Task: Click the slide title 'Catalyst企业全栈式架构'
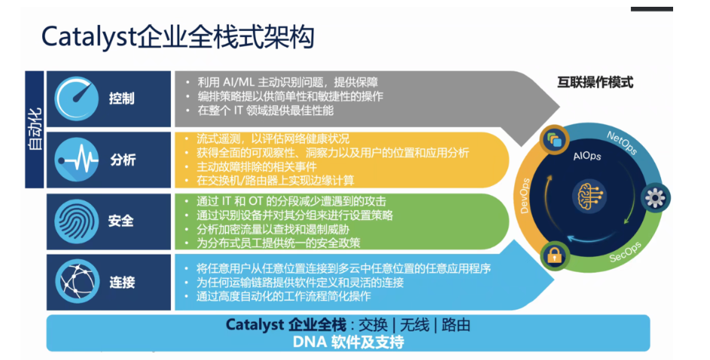[178, 37]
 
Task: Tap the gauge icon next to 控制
[77, 98]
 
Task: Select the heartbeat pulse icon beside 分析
[77, 160]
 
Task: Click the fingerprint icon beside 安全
[77, 221]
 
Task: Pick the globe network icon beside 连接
[77, 282]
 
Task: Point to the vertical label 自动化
[35, 129]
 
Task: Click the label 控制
[122, 98]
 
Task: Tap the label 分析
[123, 160]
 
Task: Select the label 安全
[121, 221]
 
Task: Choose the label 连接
[122, 282]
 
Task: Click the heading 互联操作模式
[595, 82]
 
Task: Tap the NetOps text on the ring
[622, 142]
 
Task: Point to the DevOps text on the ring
[524, 196]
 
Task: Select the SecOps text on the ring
[626, 253]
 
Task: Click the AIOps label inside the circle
[587, 156]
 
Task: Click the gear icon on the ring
[655, 198]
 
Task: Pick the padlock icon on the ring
[554, 255]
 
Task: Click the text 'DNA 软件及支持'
[348, 342]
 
